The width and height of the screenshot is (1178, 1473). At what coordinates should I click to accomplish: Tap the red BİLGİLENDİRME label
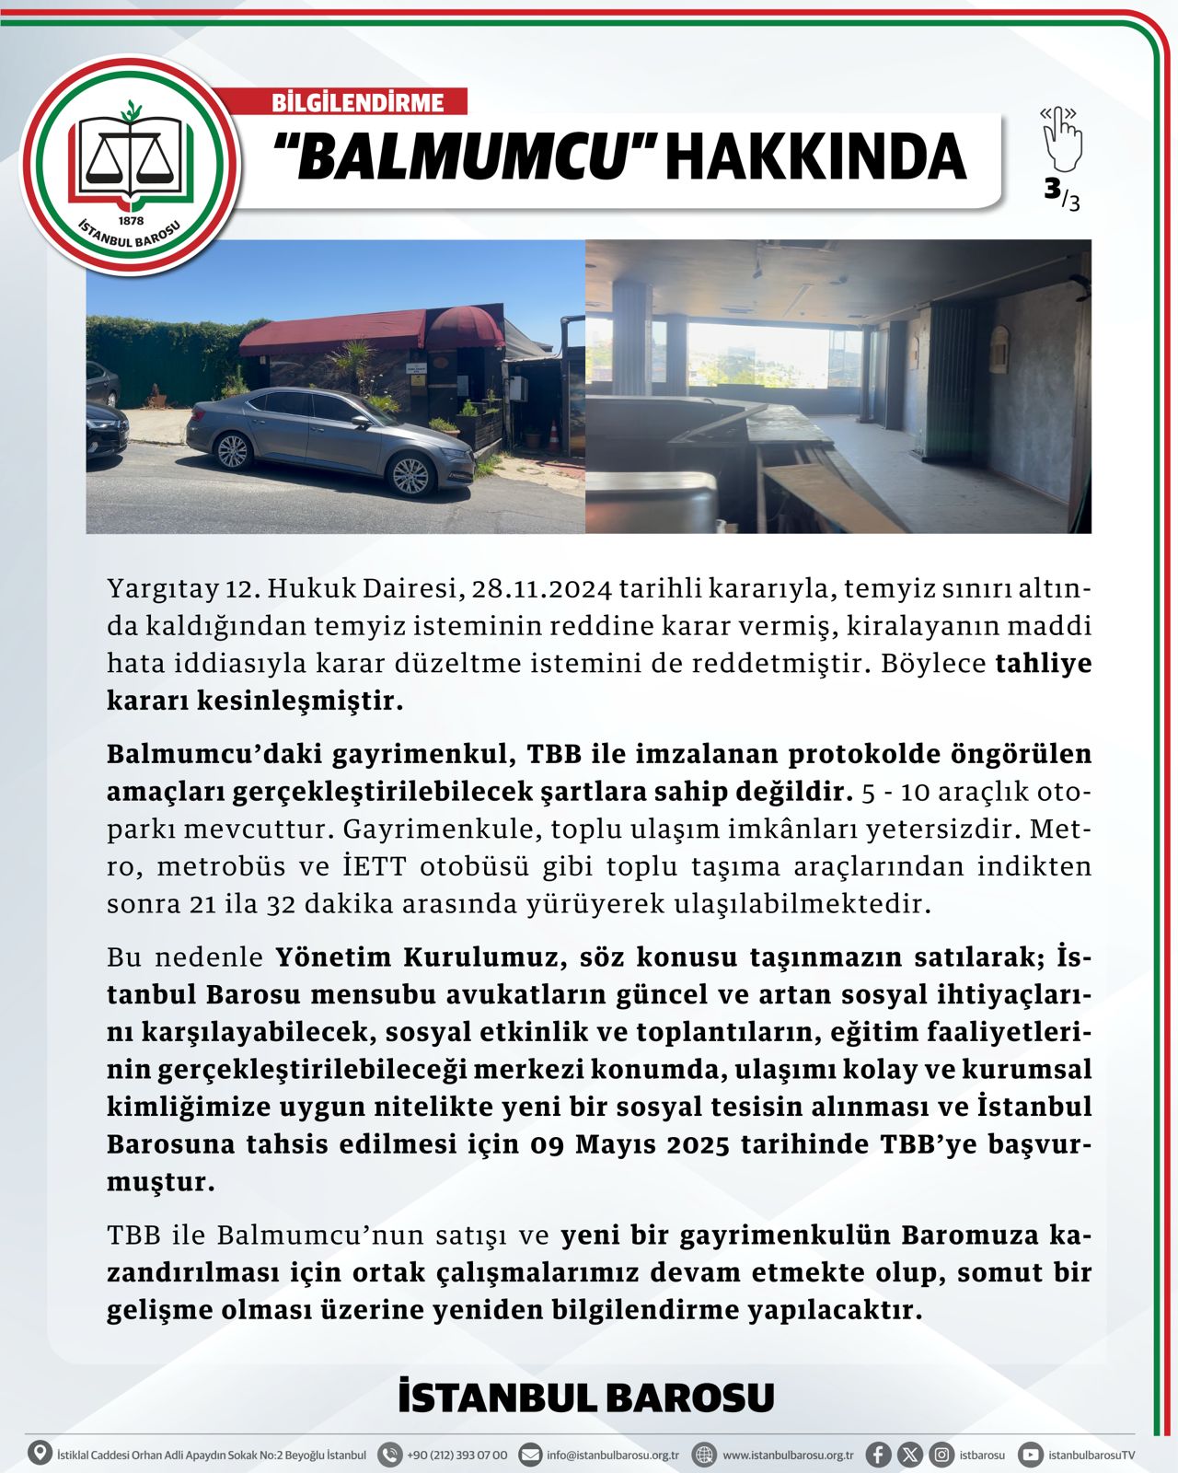click(358, 102)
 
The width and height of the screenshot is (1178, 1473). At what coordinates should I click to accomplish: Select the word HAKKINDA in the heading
click(815, 157)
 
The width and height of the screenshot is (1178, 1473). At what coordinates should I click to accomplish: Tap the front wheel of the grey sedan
click(410, 475)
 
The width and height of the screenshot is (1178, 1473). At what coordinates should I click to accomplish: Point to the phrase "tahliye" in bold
click(1044, 664)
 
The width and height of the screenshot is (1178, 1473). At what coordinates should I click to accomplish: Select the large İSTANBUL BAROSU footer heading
click(586, 1398)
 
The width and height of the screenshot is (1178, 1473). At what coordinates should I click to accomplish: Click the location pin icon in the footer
click(40, 1455)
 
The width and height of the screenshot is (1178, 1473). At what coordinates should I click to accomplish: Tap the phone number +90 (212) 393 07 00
click(456, 1456)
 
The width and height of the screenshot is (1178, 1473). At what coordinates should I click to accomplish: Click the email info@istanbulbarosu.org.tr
click(612, 1456)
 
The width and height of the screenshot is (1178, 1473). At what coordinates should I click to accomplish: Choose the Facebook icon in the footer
click(878, 1455)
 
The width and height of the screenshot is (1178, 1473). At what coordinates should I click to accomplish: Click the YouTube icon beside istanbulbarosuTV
click(1031, 1455)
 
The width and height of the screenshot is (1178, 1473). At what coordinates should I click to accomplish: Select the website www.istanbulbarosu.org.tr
click(788, 1456)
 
